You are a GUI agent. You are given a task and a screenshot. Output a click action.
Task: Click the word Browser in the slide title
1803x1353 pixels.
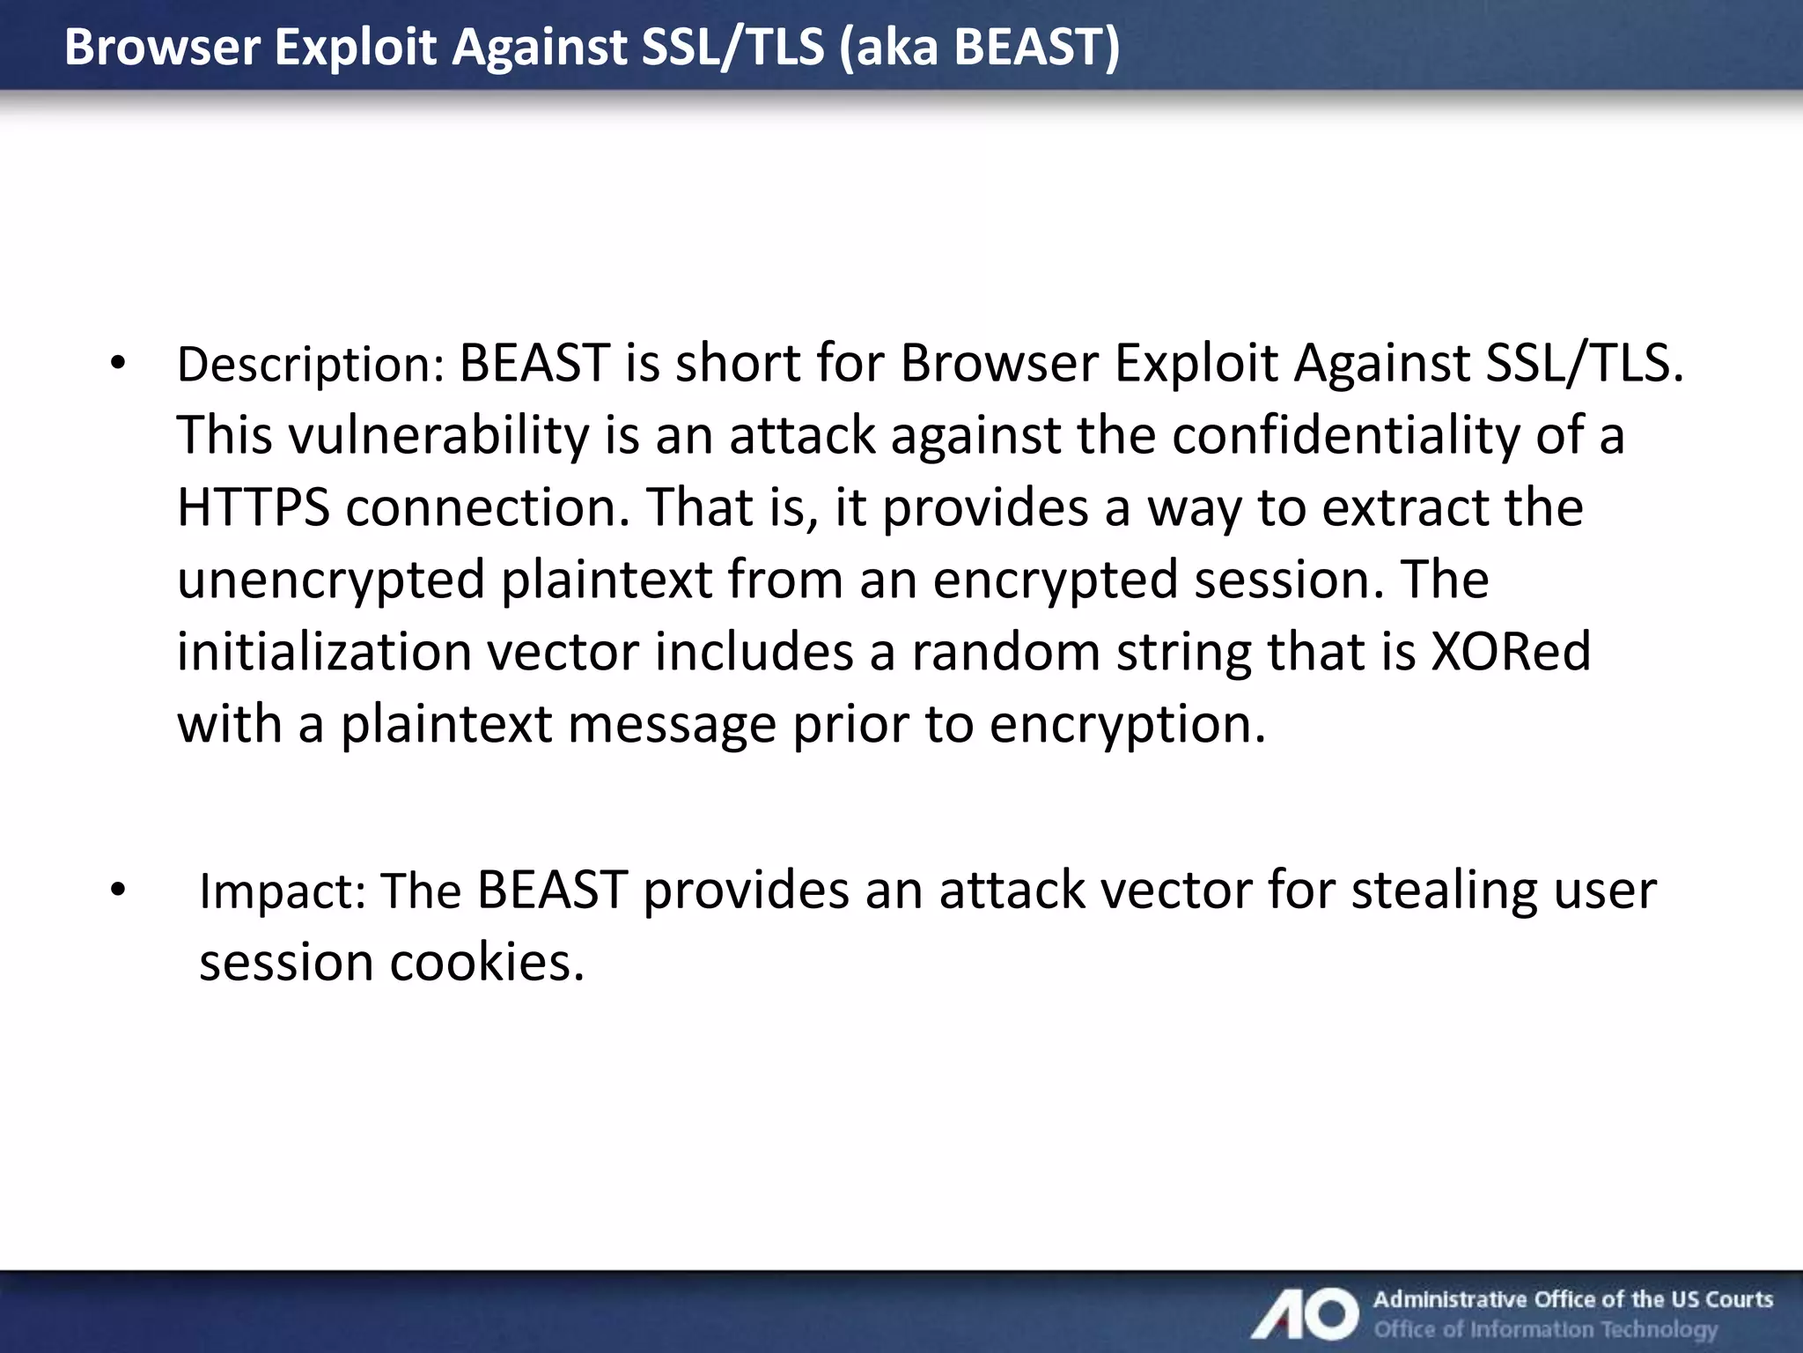(162, 47)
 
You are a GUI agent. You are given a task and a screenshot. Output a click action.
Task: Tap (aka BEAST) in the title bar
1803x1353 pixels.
(979, 47)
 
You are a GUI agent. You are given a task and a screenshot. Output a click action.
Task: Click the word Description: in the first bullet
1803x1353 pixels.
(311, 364)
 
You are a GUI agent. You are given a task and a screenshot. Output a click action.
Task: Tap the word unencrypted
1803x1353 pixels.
(331, 580)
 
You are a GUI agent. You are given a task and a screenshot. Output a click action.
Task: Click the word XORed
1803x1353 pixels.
(1511, 652)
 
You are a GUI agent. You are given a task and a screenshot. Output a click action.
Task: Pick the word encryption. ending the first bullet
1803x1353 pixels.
(1127, 724)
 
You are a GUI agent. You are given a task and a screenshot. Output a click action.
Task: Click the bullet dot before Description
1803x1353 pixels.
(119, 364)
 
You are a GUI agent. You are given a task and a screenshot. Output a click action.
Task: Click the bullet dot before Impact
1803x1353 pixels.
(119, 891)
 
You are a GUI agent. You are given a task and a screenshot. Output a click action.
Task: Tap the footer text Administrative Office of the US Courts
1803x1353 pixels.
(1572, 1299)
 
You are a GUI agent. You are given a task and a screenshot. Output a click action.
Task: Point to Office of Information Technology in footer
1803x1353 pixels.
(1545, 1329)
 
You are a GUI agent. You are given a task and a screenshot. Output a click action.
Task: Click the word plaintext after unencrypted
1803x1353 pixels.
(607, 580)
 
